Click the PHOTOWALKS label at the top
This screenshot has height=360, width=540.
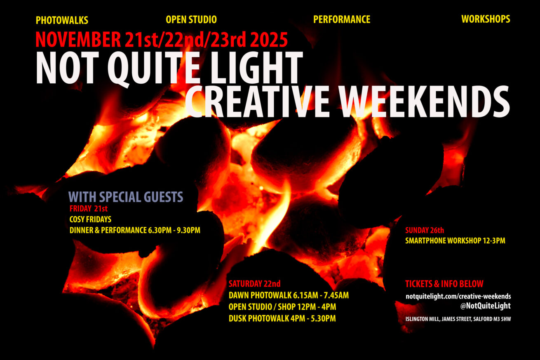pos(62,20)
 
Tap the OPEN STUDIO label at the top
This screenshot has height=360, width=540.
pos(191,19)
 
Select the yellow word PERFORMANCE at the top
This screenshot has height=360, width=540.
pos(342,19)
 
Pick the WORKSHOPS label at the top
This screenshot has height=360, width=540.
pos(486,19)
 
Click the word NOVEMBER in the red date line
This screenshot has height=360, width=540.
pos(78,40)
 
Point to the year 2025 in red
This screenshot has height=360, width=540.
pos(269,40)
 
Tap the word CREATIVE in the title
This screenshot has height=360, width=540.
pos(257,101)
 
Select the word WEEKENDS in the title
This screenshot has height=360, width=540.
pos(425,101)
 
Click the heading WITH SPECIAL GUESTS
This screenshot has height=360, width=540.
pos(126,197)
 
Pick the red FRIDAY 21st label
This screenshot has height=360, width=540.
pos(89,209)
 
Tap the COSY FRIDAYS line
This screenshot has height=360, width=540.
pos(90,219)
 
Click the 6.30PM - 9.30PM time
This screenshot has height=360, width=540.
pos(174,230)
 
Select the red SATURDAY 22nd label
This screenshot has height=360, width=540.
pos(255,284)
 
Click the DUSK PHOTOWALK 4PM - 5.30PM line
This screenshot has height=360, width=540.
pos(282,318)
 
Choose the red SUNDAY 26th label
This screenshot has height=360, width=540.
pos(425,230)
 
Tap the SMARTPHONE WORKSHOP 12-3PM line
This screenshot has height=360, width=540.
pos(455,241)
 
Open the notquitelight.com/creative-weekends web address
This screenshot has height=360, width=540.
pos(458,296)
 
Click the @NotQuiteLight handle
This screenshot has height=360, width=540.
pos(485,306)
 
